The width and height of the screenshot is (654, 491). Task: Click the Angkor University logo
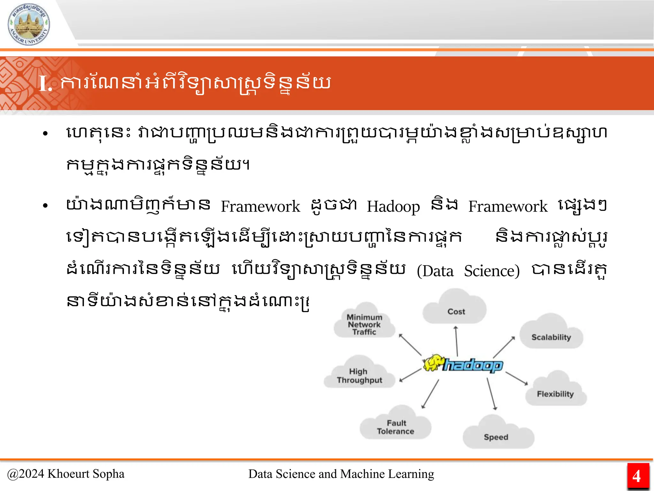29,25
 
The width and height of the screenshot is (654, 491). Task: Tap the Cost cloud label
456,311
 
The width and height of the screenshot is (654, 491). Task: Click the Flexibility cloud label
555,394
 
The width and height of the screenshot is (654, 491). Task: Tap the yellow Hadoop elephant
433,363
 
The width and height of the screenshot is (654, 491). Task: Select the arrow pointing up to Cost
457,341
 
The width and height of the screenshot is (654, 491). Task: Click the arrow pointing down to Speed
491,394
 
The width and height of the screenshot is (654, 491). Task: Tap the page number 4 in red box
636,476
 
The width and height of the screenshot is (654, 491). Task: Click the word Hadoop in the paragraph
393,207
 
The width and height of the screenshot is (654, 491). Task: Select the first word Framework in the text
260,207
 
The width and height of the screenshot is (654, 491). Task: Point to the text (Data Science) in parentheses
468,271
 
